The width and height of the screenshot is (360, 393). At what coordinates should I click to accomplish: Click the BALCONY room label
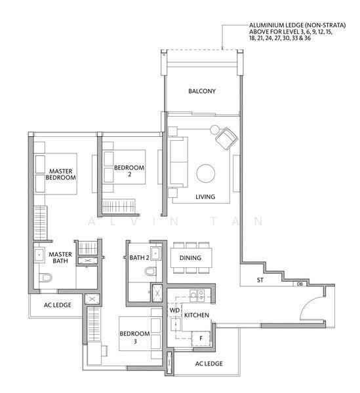tap(202, 91)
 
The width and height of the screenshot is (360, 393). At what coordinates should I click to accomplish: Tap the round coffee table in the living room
tap(206, 174)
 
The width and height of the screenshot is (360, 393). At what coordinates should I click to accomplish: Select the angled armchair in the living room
tap(226, 139)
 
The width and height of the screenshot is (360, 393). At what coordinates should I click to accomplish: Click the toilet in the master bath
tap(45, 278)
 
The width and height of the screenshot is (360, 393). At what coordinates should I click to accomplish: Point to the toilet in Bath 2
tap(151, 271)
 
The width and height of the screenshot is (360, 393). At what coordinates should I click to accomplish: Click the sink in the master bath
tap(39, 255)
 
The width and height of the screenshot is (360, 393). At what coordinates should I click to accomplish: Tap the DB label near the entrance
tap(300, 284)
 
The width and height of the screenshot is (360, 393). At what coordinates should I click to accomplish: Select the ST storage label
tap(260, 280)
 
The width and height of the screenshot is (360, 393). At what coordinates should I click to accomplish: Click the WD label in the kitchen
tap(174, 310)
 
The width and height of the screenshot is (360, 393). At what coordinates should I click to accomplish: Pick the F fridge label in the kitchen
tap(201, 339)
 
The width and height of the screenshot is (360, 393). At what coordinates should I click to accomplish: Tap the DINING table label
tap(190, 257)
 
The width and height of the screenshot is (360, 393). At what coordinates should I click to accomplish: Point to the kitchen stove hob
tap(197, 296)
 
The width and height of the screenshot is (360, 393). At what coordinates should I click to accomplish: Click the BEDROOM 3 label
tap(134, 337)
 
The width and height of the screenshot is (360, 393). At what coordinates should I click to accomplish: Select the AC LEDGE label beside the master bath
tap(58, 305)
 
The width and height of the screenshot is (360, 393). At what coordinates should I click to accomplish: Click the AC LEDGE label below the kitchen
tap(209, 364)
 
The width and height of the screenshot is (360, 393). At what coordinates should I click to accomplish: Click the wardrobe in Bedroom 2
tap(119, 207)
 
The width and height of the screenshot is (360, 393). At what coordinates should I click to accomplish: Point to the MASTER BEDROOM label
tap(61, 174)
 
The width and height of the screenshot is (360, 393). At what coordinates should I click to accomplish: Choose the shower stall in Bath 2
tap(157, 293)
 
